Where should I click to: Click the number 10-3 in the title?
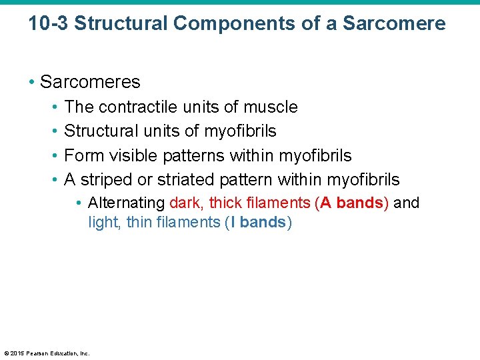[x=48, y=24]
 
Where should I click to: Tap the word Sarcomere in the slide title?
[x=394, y=24]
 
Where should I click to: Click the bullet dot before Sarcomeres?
[x=32, y=83]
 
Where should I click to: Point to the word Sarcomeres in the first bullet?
[x=90, y=82]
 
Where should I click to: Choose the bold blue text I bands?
[x=257, y=222]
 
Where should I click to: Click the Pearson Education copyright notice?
[x=47, y=353]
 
